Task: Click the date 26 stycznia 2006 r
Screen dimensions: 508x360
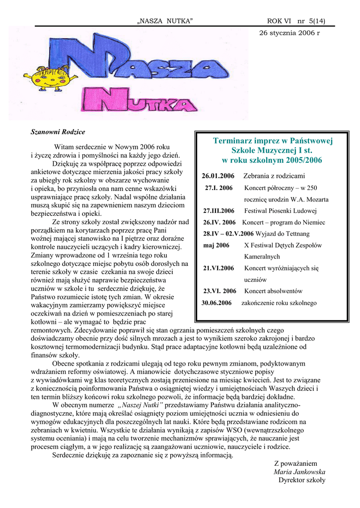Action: (x=290, y=33)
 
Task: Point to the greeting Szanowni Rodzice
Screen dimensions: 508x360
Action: (x=58, y=132)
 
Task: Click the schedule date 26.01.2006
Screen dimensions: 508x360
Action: (x=218, y=176)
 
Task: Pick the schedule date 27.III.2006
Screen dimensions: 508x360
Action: (x=219, y=211)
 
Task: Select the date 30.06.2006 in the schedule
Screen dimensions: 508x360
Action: (x=217, y=303)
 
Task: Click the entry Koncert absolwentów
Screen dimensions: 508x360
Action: (x=273, y=291)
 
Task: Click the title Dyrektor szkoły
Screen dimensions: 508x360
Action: (x=301, y=480)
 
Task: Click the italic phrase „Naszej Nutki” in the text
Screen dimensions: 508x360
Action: (x=141, y=405)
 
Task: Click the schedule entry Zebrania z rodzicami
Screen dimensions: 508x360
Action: (x=274, y=176)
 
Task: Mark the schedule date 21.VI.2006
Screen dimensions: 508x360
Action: (x=218, y=268)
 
